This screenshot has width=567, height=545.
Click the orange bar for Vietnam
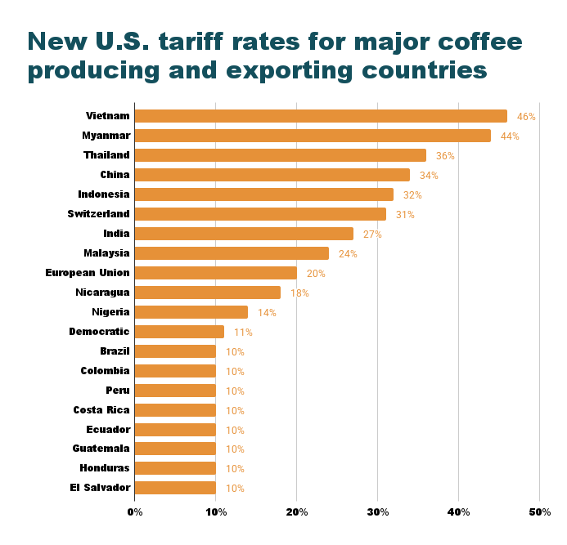tap(321, 116)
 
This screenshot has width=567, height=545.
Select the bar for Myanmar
tap(313, 136)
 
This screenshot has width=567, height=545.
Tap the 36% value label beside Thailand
tap(445, 156)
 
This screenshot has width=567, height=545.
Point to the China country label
tap(115, 175)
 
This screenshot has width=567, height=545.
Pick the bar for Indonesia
tap(263, 194)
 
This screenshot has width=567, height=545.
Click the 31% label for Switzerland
tap(405, 215)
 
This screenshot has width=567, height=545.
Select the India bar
tap(244, 234)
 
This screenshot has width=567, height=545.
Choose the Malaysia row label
tap(106, 253)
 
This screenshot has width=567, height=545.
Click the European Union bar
tap(215, 273)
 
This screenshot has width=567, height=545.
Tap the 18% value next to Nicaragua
tap(299, 293)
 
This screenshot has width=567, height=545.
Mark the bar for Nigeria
tap(191, 312)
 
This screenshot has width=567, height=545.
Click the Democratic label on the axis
tap(100, 332)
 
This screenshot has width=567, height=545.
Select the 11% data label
tap(243, 333)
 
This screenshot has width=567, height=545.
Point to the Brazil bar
tap(175, 351)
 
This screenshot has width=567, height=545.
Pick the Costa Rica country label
tap(101, 410)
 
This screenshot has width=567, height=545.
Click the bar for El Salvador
tap(175, 488)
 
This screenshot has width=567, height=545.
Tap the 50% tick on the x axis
tap(539, 512)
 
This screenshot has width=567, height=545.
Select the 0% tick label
tap(135, 512)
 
